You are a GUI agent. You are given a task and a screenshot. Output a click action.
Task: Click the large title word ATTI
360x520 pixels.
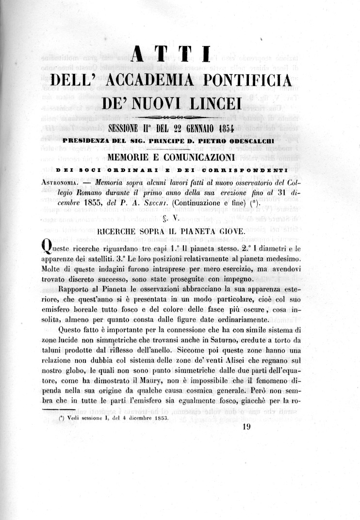coord(170,53)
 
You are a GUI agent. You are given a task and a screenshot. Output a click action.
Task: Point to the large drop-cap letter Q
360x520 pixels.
coord(44,249)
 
